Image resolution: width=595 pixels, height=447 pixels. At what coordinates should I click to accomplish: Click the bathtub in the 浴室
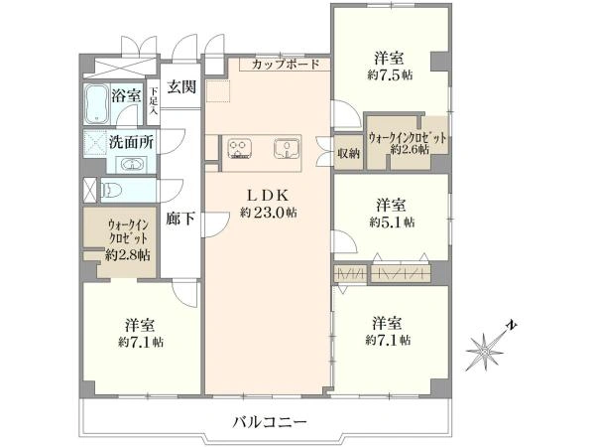(97, 103)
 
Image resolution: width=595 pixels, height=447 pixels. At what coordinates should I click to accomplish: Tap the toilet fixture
(111, 189)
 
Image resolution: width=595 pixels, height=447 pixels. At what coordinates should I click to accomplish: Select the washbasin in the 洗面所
(132, 165)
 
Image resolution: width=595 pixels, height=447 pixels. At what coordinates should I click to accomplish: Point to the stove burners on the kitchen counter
(239, 148)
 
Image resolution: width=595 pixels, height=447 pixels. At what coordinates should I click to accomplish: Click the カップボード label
(285, 65)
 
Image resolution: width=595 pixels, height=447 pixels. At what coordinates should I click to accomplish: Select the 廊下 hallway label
(180, 219)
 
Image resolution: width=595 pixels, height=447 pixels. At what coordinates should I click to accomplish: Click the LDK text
(269, 196)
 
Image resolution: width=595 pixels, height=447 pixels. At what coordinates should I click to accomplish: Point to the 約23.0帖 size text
(269, 213)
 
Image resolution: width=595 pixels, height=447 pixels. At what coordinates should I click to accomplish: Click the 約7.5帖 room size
(390, 74)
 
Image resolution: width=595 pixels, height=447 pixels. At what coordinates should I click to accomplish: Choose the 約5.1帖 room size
(392, 222)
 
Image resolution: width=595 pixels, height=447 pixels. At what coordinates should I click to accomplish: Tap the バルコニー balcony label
(269, 422)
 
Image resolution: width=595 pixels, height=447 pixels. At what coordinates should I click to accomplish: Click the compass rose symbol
(485, 352)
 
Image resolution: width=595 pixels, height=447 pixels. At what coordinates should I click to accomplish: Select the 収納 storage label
(348, 154)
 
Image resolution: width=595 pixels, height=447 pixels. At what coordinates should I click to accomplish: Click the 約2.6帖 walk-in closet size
(410, 149)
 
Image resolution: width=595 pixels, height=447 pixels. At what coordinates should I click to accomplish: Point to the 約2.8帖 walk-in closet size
(128, 254)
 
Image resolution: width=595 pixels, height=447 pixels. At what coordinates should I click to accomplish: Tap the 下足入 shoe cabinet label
(154, 101)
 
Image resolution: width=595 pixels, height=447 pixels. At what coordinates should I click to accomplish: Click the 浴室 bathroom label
(126, 95)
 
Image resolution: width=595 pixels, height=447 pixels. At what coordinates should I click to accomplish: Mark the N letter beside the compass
(513, 326)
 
